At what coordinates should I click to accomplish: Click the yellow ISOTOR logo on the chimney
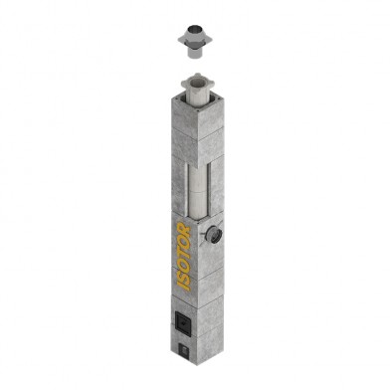pyautogui.click(x=184, y=258)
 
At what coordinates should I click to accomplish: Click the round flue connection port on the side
pyautogui.click(x=210, y=236)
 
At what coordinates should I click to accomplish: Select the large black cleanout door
pyautogui.click(x=182, y=321)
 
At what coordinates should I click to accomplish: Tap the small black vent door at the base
pyautogui.click(x=183, y=350)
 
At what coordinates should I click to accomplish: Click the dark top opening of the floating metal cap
pyautogui.click(x=193, y=29)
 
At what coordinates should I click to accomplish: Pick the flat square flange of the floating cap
pyautogui.click(x=193, y=42)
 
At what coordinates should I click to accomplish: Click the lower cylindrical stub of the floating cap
pyautogui.click(x=193, y=53)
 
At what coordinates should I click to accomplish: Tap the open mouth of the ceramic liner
pyautogui.click(x=198, y=81)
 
